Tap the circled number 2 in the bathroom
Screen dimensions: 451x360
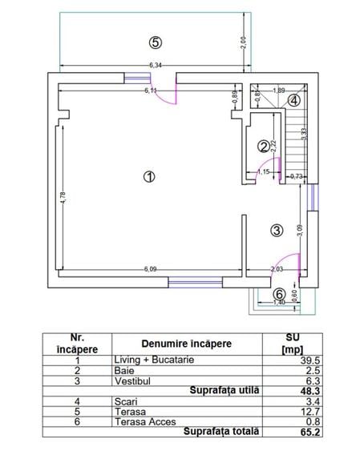point(263,146)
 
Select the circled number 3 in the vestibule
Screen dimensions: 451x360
point(277,230)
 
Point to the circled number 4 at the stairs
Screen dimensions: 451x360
point(294,100)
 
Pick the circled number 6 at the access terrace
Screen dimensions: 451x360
point(280,293)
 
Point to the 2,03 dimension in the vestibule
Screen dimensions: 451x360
point(277,269)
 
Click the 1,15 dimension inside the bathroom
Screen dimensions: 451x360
point(263,172)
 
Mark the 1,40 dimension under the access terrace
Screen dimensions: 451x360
point(279,303)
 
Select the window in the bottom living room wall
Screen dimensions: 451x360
point(195,281)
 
